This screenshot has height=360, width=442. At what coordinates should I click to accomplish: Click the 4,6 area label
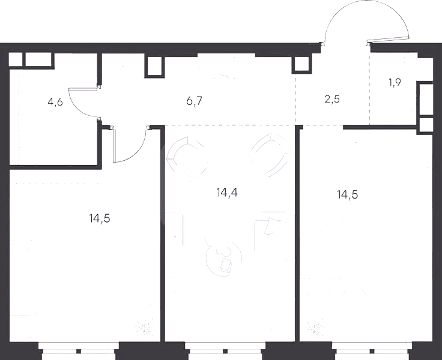[55, 102]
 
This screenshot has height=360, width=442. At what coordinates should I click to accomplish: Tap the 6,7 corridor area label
[194, 101]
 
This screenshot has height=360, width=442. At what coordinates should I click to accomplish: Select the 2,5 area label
[332, 99]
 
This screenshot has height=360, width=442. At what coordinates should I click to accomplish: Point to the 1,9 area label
[395, 83]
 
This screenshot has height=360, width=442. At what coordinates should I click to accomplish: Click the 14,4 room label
[227, 193]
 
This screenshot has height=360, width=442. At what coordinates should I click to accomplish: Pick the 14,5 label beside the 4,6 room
[100, 218]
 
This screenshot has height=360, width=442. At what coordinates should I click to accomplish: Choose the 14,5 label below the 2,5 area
[348, 194]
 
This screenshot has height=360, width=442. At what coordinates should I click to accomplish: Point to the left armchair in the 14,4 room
[188, 157]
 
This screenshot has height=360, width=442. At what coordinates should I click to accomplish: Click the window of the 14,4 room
[225, 351]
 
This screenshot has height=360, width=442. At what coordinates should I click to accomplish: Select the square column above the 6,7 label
[154, 66]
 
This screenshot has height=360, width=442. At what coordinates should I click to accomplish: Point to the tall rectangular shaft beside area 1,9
[425, 99]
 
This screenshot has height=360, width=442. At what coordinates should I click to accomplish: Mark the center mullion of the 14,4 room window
[225, 351]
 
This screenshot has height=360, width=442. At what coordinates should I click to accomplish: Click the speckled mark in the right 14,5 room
[314, 328]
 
